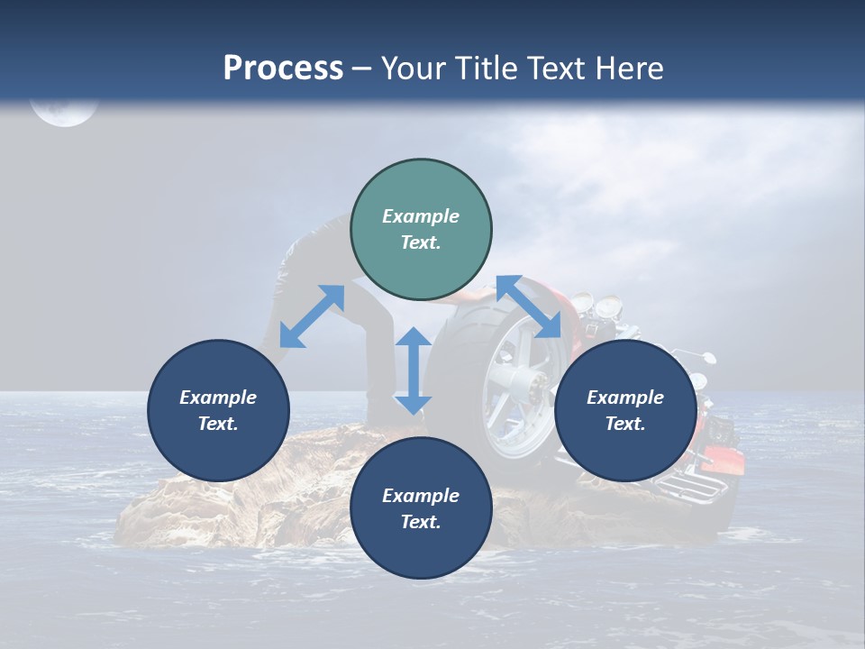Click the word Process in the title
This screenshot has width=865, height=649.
pyautogui.click(x=283, y=69)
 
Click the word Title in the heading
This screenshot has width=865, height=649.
pyautogui.click(x=486, y=69)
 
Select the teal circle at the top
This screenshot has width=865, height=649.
pyautogui.click(x=421, y=230)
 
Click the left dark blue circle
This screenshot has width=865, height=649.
pyautogui.click(x=218, y=410)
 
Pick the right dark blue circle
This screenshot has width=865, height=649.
pyautogui.click(x=625, y=410)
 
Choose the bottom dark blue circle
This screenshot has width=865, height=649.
pyautogui.click(x=421, y=508)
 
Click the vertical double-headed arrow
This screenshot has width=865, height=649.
pyautogui.click(x=413, y=370)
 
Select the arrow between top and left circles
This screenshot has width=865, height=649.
pyautogui.click(x=312, y=316)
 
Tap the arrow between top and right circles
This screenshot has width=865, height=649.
pyautogui.click(x=528, y=306)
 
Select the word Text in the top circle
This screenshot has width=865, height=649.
pyautogui.click(x=421, y=242)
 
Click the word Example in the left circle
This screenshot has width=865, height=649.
pyautogui.click(x=218, y=398)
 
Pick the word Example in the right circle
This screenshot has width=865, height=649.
pyautogui.click(x=625, y=398)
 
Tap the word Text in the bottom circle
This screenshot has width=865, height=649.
pyautogui.click(x=421, y=522)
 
